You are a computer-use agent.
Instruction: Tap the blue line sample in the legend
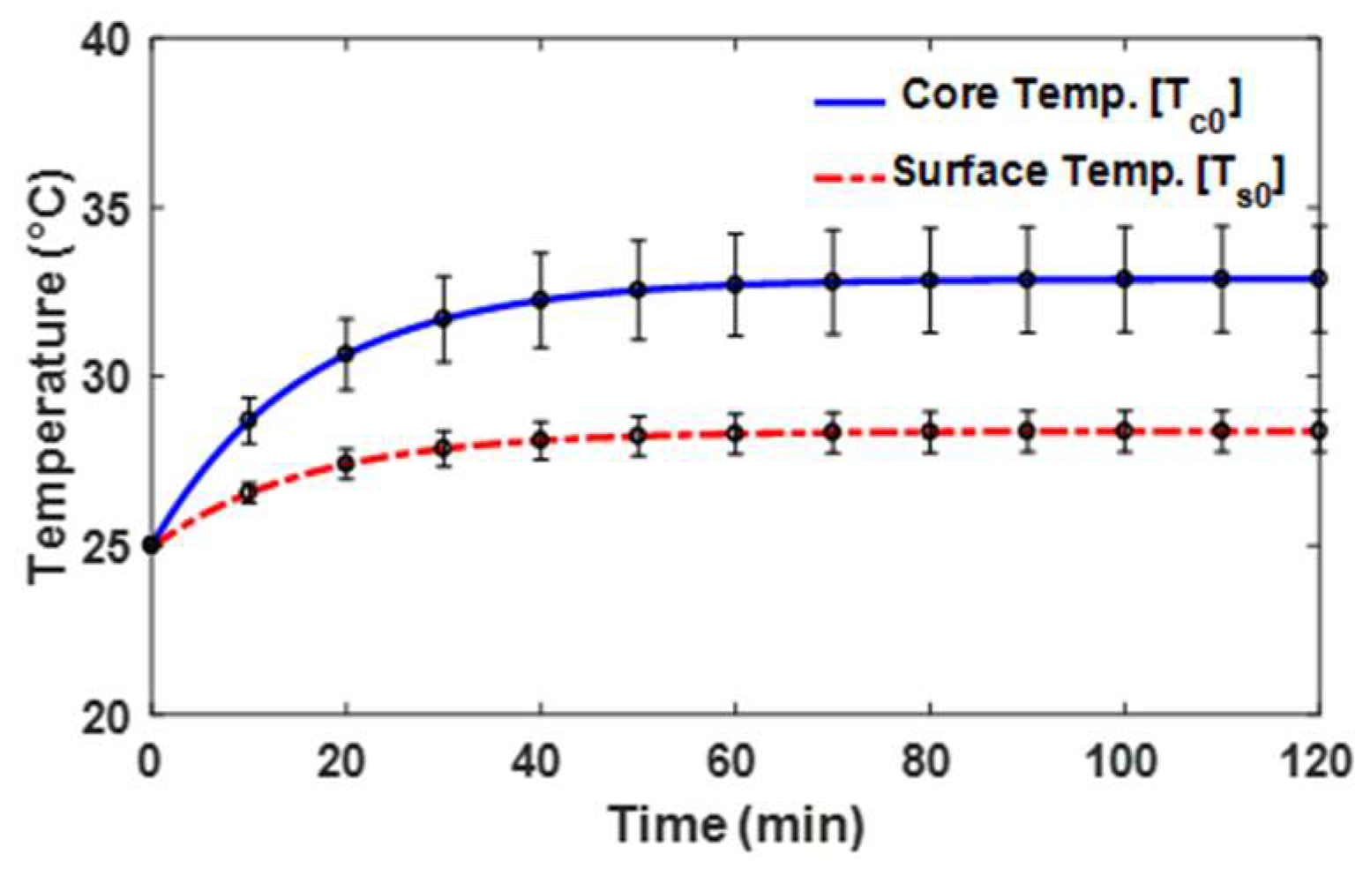[x=849, y=102]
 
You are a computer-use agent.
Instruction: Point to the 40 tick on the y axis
[x=105, y=41]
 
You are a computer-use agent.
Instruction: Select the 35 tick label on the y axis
[x=105, y=209]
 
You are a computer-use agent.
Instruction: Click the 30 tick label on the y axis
[x=105, y=378]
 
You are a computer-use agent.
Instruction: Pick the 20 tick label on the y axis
[x=105, y=715]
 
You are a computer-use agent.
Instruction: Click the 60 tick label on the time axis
[x=734, y=761]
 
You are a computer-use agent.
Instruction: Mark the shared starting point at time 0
[x=152, y=545]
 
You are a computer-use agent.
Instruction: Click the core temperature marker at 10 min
[x=249, y=420]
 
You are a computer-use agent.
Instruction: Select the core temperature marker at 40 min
[x=541, y=300]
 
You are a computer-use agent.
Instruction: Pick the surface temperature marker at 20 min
[x=346, y=464]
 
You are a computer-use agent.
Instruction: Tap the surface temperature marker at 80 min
[x=929, y=432]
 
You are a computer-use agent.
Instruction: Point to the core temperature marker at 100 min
[x=1124, y=280]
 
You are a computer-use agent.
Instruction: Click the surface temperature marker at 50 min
[x=638, y=436]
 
